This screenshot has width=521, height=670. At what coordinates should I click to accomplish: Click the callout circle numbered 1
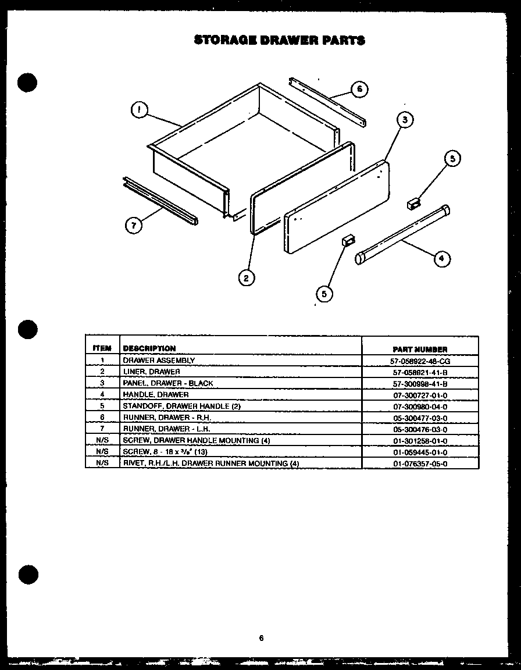point(139,110)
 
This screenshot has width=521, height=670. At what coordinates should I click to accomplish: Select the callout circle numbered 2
point(246,278)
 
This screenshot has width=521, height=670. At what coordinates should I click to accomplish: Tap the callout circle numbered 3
point(405,120)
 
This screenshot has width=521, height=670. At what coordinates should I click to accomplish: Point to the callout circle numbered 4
point(443,259)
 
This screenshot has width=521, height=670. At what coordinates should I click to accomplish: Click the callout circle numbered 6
point(359,89)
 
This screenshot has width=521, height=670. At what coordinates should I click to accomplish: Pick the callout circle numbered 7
point(134,226)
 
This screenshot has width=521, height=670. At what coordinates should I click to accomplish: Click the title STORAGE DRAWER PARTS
point(279,40)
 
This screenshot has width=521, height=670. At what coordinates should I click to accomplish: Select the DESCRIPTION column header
point(149,348)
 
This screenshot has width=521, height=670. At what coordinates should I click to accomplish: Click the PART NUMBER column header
point(420,349)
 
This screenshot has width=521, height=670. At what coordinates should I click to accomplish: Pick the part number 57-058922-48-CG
point(420,361)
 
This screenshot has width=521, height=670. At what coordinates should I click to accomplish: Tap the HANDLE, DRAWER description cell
point(155,394)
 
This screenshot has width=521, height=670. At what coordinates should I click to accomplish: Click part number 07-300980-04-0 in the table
point(420,407)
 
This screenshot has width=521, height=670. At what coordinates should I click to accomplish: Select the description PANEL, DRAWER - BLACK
point(167,383)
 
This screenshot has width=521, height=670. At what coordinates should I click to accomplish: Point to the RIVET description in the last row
point(210,464)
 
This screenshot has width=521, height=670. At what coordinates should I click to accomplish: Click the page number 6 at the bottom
point(261,637)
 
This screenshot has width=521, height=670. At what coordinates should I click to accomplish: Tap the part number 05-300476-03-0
point(420,429)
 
